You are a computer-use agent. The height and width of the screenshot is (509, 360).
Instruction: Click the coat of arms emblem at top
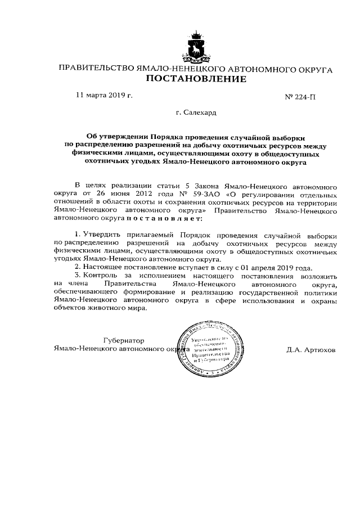[x=196, y=47]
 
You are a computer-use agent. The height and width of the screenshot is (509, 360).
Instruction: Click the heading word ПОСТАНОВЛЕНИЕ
[x=196, y=79]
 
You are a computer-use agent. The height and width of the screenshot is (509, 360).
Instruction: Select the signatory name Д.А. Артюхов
[x=310, y=349]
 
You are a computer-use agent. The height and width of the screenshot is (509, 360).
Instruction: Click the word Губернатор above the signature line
[x=124, y=340]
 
